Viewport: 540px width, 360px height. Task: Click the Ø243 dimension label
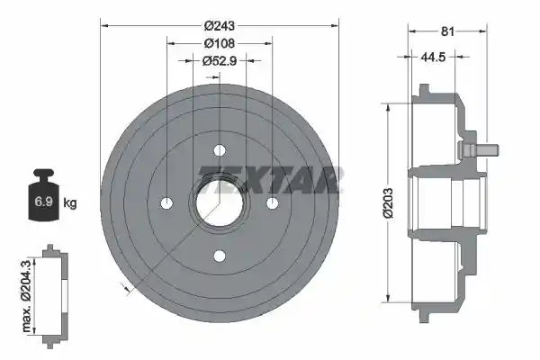click(219, 25)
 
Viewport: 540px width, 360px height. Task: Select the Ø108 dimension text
click(219, 43)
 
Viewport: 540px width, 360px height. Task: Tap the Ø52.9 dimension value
click(219, 61)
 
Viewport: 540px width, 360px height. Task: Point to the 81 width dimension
click(447, 31)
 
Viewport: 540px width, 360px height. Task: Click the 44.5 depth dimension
click(433, 57)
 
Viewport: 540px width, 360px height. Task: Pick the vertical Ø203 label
click(388, 203)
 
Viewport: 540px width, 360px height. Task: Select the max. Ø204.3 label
click(26, 296)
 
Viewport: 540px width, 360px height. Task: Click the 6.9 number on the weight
click(43, 202)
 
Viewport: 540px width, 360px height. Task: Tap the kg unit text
click(70, 202)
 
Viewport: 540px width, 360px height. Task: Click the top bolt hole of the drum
click(220, 150)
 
